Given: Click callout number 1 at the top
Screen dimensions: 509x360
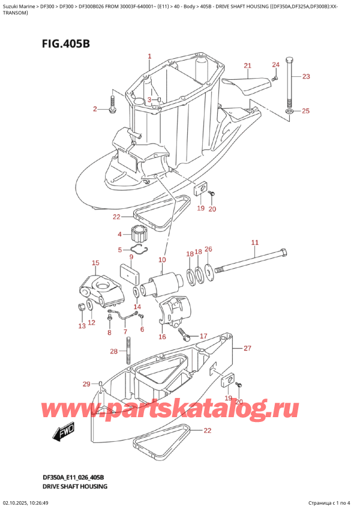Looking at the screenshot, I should [149, 57].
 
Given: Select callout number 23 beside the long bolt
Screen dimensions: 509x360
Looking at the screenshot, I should [306, 76].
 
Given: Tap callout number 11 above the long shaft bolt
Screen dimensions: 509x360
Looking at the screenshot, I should [254, 242].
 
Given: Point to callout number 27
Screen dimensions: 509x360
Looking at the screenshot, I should [247, 348].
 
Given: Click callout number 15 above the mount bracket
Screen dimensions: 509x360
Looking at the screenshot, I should [95, 263].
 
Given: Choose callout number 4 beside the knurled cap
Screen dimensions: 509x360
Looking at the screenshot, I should [119, 234].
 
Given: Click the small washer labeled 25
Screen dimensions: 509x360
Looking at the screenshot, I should [290, 111].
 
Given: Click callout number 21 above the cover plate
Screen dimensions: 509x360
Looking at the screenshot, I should [248, 65].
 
